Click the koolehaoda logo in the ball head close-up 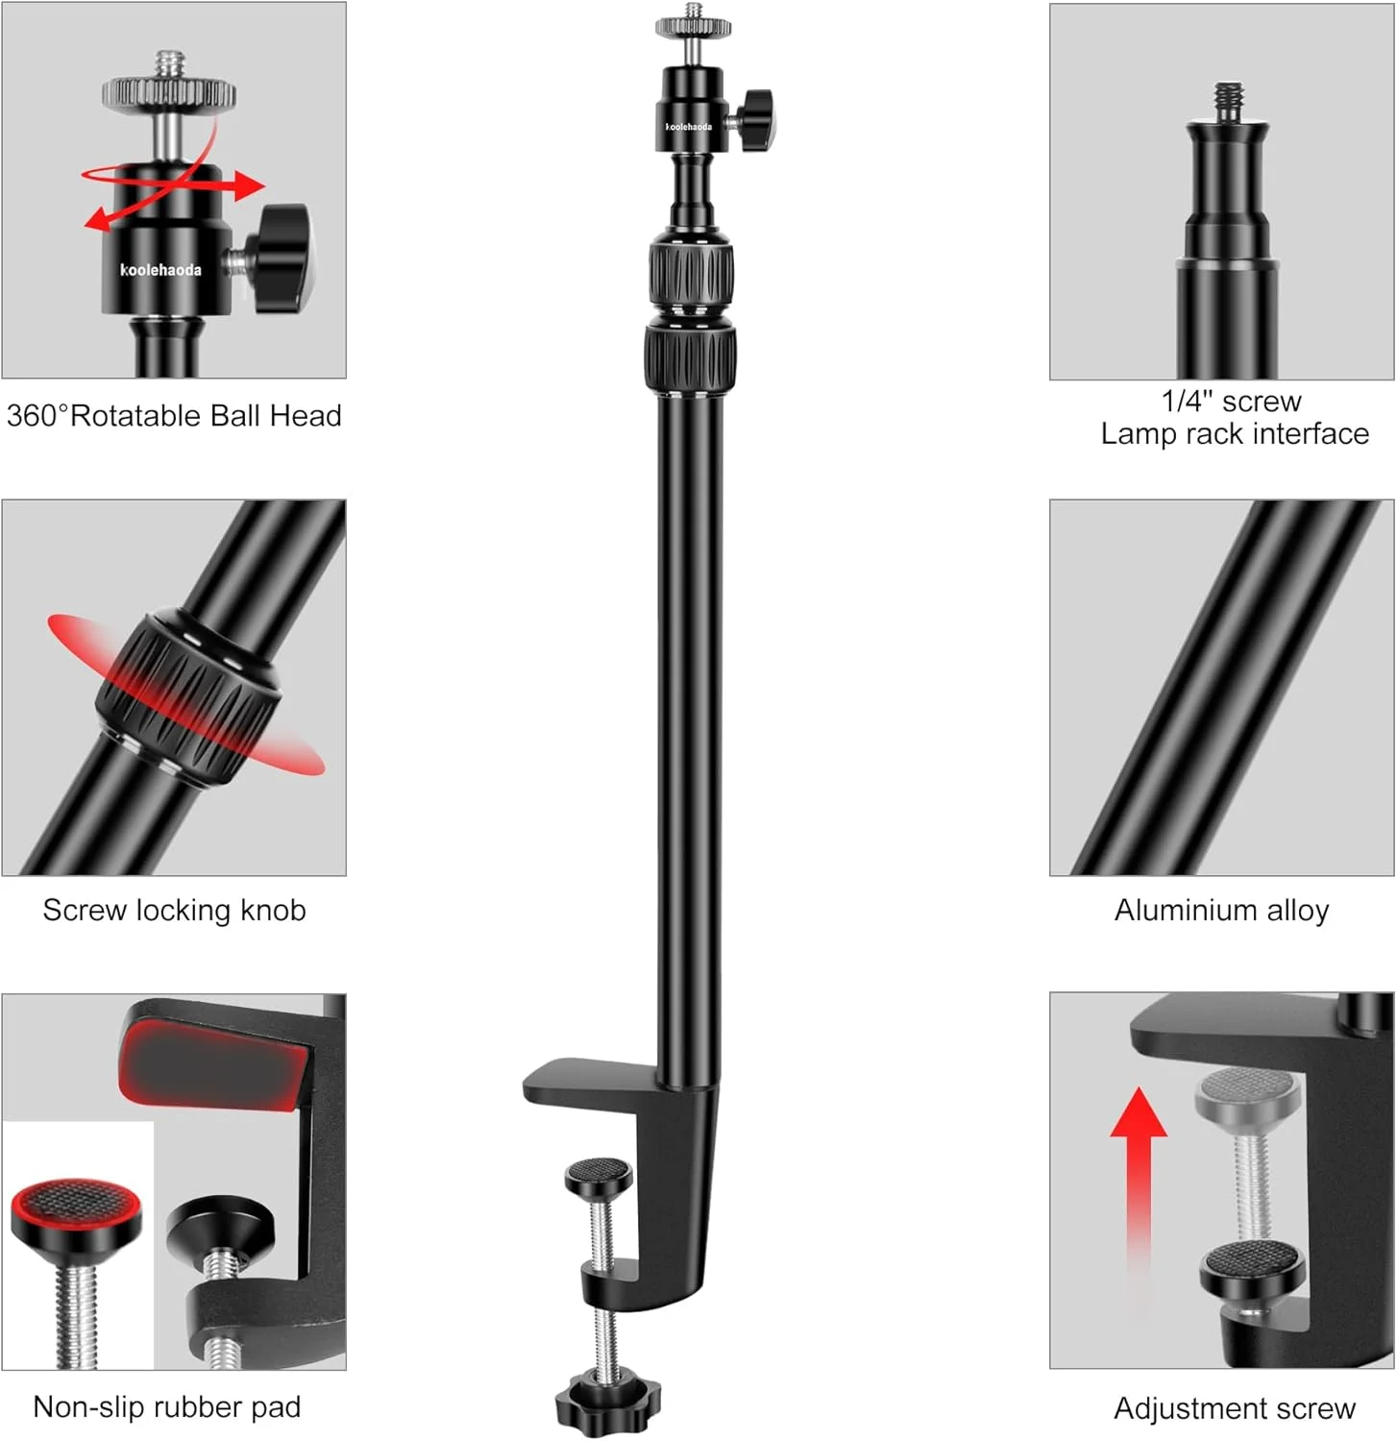tap(160, 270)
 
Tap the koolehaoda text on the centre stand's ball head tap(689, 127)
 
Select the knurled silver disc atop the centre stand tap(693, 27)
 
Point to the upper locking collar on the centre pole tap(691, 273)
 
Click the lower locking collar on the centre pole tap(690, 358)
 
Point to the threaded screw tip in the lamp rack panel tap(1229, 101)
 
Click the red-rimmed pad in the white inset tap(76, 1212)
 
